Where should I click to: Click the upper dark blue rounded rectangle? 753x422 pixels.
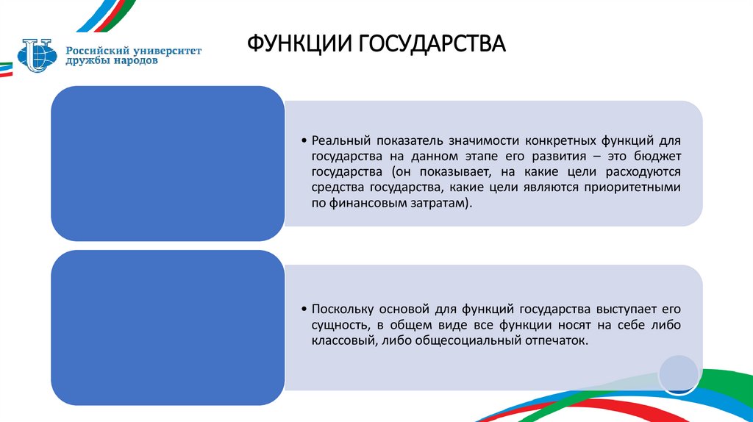167,163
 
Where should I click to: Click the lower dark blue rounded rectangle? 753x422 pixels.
167,327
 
